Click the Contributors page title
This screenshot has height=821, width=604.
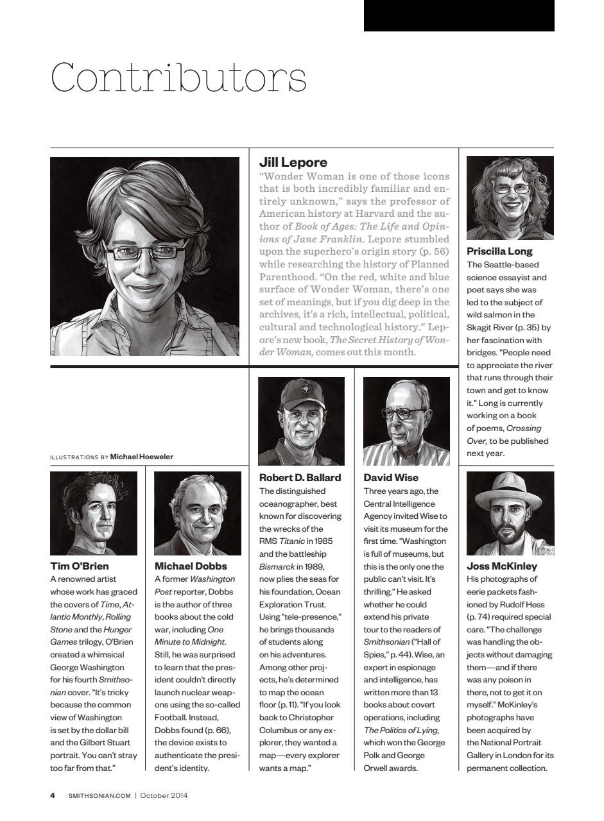pos(178,78)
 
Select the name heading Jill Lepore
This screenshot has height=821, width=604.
pos(293,162)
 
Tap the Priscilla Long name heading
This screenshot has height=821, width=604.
pos(499,251)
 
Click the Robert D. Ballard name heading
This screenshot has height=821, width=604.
pos(300,477)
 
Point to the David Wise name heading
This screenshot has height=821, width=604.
pos(390,477)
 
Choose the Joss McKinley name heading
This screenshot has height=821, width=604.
pos(501,566)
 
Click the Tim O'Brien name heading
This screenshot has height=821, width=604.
pos(80,566)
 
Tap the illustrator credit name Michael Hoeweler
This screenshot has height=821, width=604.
pos(142,457)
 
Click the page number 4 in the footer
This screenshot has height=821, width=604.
pos(53,796)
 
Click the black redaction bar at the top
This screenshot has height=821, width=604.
pos(458,15)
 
